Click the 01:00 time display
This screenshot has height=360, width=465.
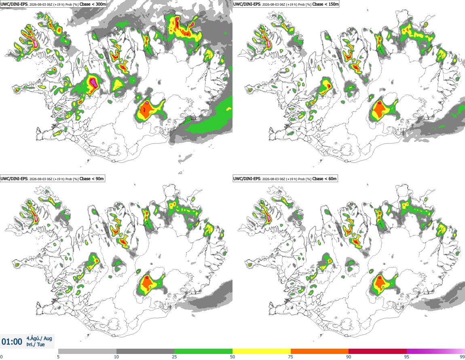coord(12,342)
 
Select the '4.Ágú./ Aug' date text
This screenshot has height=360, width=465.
coord(39,338)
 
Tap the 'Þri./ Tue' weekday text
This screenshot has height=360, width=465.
coord(36,345)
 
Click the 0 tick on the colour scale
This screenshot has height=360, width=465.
coord(1,357)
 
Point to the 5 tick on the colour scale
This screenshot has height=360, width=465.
coord(58,357)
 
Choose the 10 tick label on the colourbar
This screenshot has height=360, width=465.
coord(116,357)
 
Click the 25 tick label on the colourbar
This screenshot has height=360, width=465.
coord(174,357)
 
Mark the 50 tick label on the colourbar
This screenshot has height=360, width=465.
coord(232,357)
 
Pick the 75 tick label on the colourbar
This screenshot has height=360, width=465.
coord(291,357)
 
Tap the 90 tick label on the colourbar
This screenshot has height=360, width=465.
coord(349,357)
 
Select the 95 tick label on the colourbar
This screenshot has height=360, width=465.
coord(407,357)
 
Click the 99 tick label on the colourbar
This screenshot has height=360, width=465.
coord(462,357)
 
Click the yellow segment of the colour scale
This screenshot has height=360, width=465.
coord(262,351)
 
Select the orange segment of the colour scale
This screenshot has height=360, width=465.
coord(320,351)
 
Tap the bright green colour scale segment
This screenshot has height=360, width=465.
coord(203,351)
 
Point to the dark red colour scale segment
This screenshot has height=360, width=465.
coord(378,351)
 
